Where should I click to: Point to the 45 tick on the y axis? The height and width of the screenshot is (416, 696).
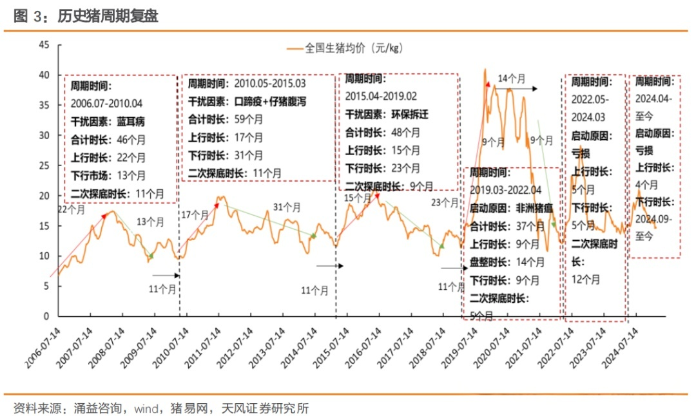point(44,44)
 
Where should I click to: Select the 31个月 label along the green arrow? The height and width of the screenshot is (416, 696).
point(287,207)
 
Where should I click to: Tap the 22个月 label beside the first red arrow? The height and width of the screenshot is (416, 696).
point(72,209)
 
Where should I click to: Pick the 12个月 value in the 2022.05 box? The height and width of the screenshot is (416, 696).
point(586,279)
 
